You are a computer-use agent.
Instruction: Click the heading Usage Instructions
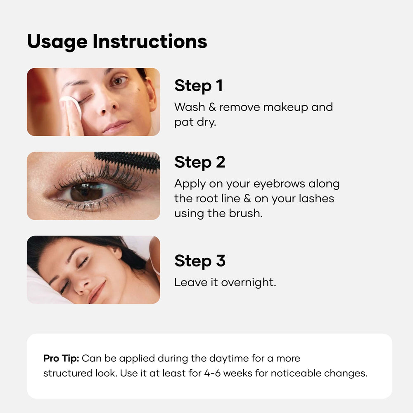coord(117,42)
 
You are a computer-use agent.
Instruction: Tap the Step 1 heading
coord(199,86)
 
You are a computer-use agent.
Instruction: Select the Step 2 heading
coord(199,162)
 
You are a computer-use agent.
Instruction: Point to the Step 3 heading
coord(199,261)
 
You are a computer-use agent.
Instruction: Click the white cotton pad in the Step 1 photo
coord(71,106)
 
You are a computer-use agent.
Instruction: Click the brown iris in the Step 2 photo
coord(86,192)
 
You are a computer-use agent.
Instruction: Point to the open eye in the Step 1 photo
coord(119,81)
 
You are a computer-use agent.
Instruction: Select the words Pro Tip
coord(61,359)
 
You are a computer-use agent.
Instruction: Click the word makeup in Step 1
coord(285,108)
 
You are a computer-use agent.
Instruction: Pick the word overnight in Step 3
coord(248,283)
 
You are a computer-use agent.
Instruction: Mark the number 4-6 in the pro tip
coord(212,373)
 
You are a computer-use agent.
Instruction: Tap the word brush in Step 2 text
coord(246,214)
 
